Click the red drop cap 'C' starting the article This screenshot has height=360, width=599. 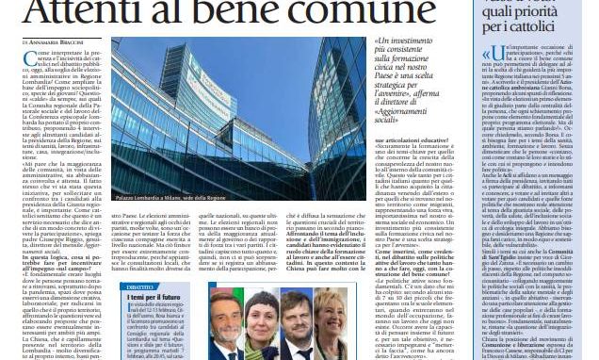point(29,59)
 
